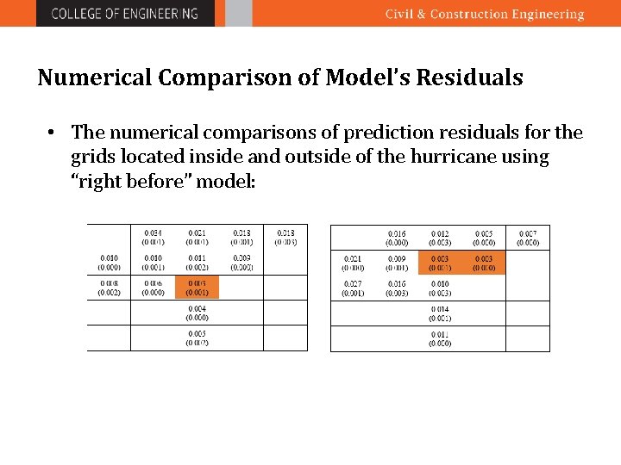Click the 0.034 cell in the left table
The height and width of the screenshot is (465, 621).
(x=153, y=237)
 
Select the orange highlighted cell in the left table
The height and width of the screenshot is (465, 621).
(x=197, y=288)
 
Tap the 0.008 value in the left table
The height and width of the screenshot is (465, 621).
(x=110, y=288)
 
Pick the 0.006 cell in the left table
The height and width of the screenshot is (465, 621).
(x=153, y=288)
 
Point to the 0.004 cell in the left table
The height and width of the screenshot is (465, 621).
(x=197, y=313)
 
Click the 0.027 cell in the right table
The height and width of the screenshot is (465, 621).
(x=353, y=288)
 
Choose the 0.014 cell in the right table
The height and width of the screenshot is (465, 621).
(x=440, y=313)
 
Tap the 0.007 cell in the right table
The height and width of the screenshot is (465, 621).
(x=527, y=238)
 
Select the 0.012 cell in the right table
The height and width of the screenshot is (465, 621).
(x=440, y=238)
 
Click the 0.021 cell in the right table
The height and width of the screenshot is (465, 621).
(x=353, y=263)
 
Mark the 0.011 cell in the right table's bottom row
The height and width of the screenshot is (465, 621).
(x=440, y=338)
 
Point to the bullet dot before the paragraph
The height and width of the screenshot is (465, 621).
(x=53, y=133)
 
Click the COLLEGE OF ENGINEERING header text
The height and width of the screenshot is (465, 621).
(x=125, y=14)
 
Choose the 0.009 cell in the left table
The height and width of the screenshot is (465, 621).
(x=241, y=263)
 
